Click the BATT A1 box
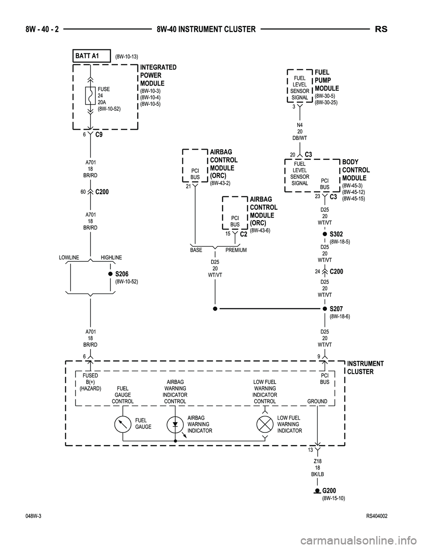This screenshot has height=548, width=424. (91, 56)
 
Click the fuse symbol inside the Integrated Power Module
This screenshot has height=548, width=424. (91, 95)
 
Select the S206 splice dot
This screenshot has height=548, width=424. (110, 274)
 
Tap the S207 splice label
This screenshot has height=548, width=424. (336, 309)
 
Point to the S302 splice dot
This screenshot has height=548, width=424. (324, 234)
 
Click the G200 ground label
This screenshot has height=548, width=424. (329, 491)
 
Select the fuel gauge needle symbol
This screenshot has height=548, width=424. (122, 424)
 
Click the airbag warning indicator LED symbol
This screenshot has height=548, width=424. (175, 424)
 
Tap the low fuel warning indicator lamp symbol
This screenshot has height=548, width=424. (265, 424)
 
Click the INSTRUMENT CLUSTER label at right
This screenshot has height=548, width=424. (365, 368)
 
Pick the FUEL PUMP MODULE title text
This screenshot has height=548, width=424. (326, 80)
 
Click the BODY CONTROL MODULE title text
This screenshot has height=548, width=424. (356, 170)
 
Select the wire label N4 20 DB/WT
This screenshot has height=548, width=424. (299, 131)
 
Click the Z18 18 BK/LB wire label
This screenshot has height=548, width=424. (317, 468)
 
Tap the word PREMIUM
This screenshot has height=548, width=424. (236, 250)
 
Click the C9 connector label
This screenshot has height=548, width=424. (99, 135)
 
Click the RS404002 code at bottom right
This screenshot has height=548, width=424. (376, 516)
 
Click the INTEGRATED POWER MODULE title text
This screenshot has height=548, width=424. (158, 75)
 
